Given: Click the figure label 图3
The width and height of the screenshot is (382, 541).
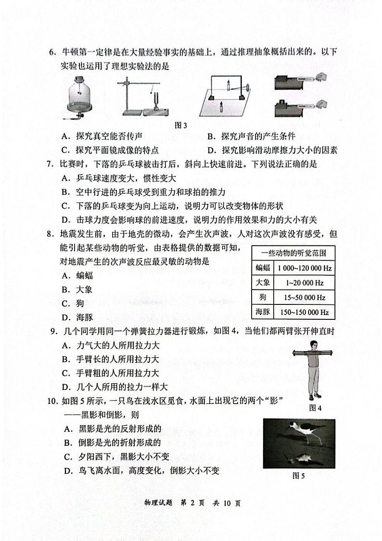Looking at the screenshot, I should [181, 126].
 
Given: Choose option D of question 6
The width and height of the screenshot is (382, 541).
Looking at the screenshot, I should [272, 150].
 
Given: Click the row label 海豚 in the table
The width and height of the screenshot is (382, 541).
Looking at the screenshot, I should [262, 312].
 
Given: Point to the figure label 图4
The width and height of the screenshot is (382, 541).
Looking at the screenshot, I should [315, 408].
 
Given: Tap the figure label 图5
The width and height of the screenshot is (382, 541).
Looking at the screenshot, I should [299, 476].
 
